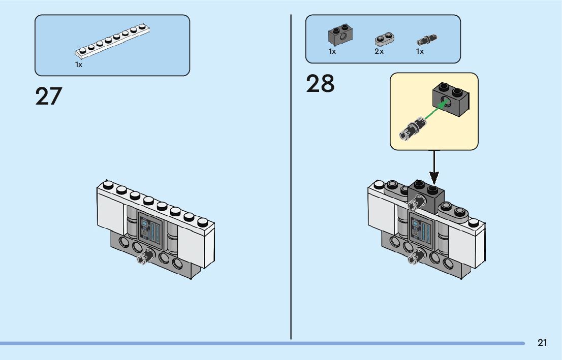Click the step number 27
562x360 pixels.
click(x=49, y=96)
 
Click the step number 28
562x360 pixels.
click(x=320, y=83)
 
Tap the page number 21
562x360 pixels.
click(x=542, y=343)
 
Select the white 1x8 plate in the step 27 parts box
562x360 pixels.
click(x=112, y=41)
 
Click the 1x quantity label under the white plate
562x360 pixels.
click(x=78, y=64)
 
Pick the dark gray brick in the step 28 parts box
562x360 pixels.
click(x=340, y=35)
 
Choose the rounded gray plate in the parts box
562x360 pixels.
click(x=385, y=39)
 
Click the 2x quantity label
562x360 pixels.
click(x=379, y=52)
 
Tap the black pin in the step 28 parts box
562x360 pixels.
click(x=426, y=40)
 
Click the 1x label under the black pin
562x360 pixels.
click(x=420, y=52)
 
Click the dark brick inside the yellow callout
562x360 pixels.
click(x=451, y=99)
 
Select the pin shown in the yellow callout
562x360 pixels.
click(x=413, y=128)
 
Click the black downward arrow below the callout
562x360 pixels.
click(x=434, y=167)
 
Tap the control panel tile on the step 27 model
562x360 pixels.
click(x=150, y=230)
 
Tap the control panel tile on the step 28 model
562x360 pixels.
click(x=422, y=230)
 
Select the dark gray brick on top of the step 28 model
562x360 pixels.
click(x=426, y=197)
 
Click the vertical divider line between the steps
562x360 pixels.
click(x=291, y=177)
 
